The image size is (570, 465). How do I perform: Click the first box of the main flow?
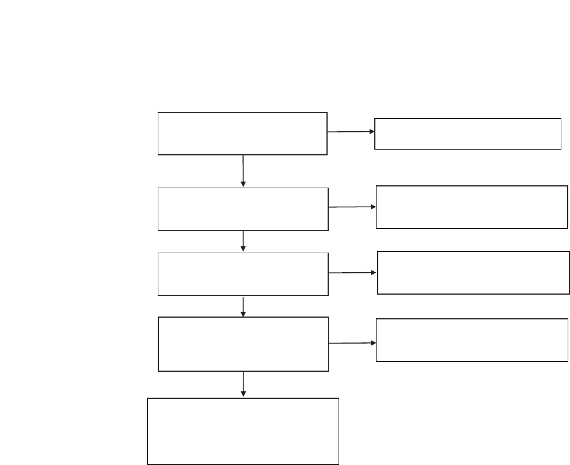[242, 134]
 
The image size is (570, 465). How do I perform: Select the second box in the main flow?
[243, 209]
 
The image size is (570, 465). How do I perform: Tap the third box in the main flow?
[243, 274]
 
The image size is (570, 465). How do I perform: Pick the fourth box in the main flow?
[243, 344]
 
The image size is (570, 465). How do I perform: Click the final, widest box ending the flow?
[243, 430]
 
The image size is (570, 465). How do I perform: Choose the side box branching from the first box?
[468, 134]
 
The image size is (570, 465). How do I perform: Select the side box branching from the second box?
[472, 207]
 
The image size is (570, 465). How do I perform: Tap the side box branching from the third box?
[473, 273]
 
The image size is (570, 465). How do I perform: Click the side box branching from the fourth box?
[472, 340]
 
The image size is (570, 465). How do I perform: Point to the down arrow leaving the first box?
[243, 171]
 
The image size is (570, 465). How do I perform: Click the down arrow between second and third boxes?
[243, 241]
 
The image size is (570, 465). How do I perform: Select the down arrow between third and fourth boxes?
[243, 307]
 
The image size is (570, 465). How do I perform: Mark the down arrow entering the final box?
[243, 384]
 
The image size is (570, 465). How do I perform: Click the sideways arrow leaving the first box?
[351, 132]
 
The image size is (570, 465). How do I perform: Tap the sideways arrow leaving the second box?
[352, 207]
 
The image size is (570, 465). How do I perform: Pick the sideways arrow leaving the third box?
[352, 273]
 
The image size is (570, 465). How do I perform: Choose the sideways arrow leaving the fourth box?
[352, 343]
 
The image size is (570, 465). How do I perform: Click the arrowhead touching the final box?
[243, 394]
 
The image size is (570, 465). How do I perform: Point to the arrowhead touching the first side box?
[372, 131]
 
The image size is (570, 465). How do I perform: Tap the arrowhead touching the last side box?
[373, 342]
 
